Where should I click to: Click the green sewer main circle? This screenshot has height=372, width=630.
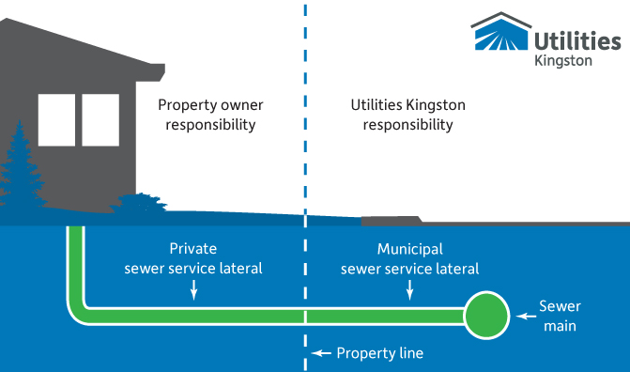coord(486,317)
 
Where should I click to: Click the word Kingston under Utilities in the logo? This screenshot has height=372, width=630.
coord(562,59)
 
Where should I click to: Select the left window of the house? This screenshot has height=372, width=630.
coord(56,120)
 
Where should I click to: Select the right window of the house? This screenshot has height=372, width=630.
coord(100,120)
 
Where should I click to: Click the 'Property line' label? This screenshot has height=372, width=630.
coord(380,353)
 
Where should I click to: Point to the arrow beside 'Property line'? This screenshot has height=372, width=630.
coord(322,353)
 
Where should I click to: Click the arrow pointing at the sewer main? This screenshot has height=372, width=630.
coord(522,317)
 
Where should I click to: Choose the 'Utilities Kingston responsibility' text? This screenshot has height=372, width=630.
coord(408,115)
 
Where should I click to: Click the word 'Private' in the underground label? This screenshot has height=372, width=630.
coord(193,250)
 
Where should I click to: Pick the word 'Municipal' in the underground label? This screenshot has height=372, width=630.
coord(410,250)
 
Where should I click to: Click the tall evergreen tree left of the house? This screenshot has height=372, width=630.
coord(21,174)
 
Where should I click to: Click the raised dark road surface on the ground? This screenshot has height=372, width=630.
coord(391,220)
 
